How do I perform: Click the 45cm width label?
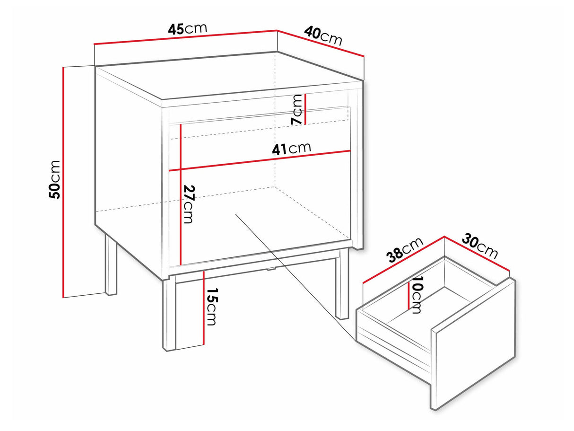coord(187,29)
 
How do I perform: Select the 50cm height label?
coord(54,180)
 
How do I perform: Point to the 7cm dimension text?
coord(296,109)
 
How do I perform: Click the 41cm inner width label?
coord(292,149)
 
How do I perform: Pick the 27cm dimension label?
coord(189,204)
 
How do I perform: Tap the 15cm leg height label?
coord(211,307)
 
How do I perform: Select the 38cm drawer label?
coord(405,250)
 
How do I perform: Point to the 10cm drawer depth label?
coord(416,295)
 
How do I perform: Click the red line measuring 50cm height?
coord(63,183)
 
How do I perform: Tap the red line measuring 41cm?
coord(260,161)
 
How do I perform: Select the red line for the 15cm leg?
coord(203,308)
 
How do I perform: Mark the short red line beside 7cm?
coord(305,109)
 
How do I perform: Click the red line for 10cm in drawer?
coord(409,296)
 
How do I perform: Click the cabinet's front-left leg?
coord(169,315)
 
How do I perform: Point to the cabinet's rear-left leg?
coord(111,265)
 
